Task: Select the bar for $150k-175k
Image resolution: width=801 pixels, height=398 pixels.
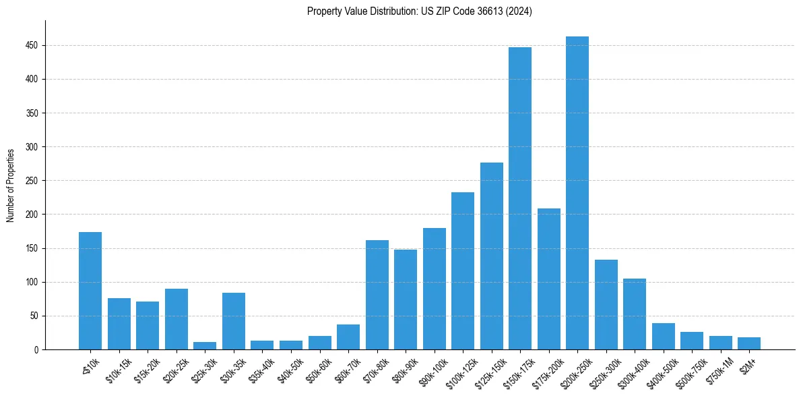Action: tap(519, 198)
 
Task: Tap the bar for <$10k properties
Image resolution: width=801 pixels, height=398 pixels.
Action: tap(90, 291)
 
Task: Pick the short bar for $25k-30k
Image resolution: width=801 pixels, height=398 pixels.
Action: tap(205, 345)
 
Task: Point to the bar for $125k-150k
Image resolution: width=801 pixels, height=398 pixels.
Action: tap(491, 256)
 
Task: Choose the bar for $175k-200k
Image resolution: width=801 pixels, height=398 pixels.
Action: tap(548, 279)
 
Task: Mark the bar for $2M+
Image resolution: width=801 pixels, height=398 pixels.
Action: tap(748, 343)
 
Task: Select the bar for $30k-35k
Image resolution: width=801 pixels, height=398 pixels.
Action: tap(234, 321)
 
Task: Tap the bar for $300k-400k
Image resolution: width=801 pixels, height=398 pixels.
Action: tap(634, 314)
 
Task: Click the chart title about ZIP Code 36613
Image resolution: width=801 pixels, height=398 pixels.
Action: tap(419, 11)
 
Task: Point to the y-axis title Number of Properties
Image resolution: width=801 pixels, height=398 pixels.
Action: tap(11, 185)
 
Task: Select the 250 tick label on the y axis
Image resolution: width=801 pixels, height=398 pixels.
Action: tap(31, 181)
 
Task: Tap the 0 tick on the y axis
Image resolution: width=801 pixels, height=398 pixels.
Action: tap(36, 349)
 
